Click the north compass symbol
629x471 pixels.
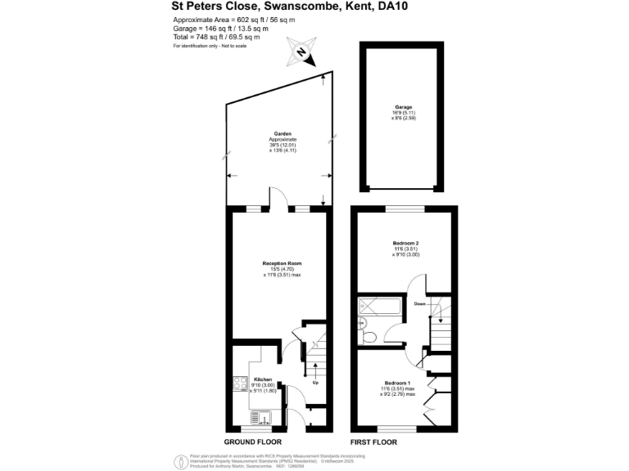point(301,53)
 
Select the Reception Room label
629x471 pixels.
point(283,263)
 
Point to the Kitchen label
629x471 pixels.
point(262,380)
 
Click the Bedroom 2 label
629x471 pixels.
point(405,244)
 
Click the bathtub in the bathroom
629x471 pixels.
point(379,309)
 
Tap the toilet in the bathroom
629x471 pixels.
point(368,335)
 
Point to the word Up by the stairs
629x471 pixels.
point(314,383)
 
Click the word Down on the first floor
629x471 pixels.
point(419,303)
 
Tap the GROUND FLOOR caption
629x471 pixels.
point(253,442)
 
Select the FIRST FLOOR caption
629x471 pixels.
point(373,442)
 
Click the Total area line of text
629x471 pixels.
point(216,37)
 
